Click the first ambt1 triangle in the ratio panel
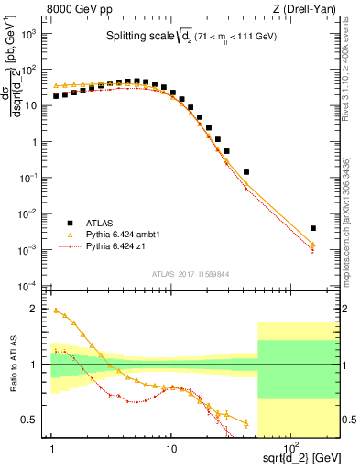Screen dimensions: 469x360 (55, 311)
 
